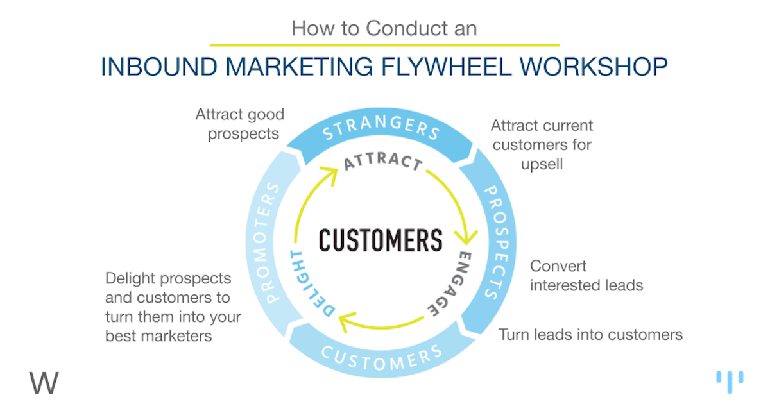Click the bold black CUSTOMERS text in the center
coord(381,240)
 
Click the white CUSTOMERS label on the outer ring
coord(381,356)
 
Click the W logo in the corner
coord(44,383)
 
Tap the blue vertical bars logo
coord(730,380)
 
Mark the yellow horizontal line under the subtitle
coord(384,45)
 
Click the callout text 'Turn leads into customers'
coord(590,334)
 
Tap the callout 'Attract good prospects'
coord(240,124)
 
